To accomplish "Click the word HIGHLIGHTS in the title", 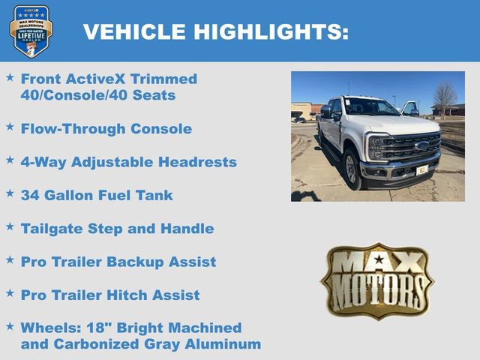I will click(x=271, y=31).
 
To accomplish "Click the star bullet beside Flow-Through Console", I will click(x=10, y=127).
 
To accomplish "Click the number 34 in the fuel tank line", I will click(x=31, y=195).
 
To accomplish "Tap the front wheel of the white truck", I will click(x=351, y=169).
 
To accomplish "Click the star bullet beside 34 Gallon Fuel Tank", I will click(x=10, y=193).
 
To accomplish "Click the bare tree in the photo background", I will click(x=444, y=96).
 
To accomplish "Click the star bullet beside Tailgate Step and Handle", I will click(x=10, y=226).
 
